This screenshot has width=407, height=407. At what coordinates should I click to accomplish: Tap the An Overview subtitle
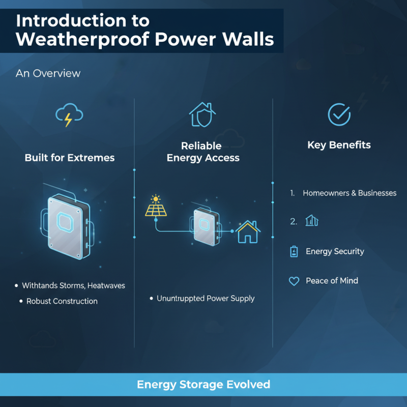[x=48, y=73]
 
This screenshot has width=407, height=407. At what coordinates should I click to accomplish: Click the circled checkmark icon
[x=338, y=114]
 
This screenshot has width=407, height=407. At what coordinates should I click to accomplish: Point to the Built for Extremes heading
[x=70, y=158]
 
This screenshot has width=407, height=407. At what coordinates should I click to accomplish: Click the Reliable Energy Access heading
[x=203, y=152]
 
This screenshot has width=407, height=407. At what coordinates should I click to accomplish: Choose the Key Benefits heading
[x=339, y=145]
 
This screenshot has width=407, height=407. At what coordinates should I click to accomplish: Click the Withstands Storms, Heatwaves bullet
[x=73, y=286]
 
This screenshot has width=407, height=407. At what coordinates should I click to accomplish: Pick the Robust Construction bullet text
[x=62, y=301]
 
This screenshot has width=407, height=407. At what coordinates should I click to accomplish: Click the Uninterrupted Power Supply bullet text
[x=206, y=299]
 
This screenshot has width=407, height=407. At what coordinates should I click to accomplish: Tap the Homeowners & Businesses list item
[x=349, y=193]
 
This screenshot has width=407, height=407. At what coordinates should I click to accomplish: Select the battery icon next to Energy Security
[x=294, y=251]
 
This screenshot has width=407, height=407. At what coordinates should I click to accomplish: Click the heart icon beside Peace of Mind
[x=294, y=281]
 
